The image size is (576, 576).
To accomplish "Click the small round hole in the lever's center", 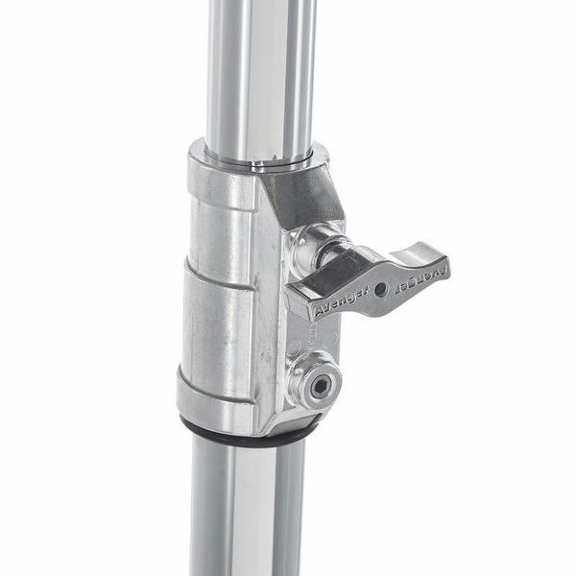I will click(x=381, y=289).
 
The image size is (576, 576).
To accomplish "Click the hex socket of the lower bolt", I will click(x=319, y=387).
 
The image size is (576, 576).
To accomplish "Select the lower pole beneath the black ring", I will click(x=245, y=509).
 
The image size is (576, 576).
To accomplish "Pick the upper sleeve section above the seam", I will click(x=219, y=226).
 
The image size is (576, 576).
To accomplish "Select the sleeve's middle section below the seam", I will click(x=219, y=326).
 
